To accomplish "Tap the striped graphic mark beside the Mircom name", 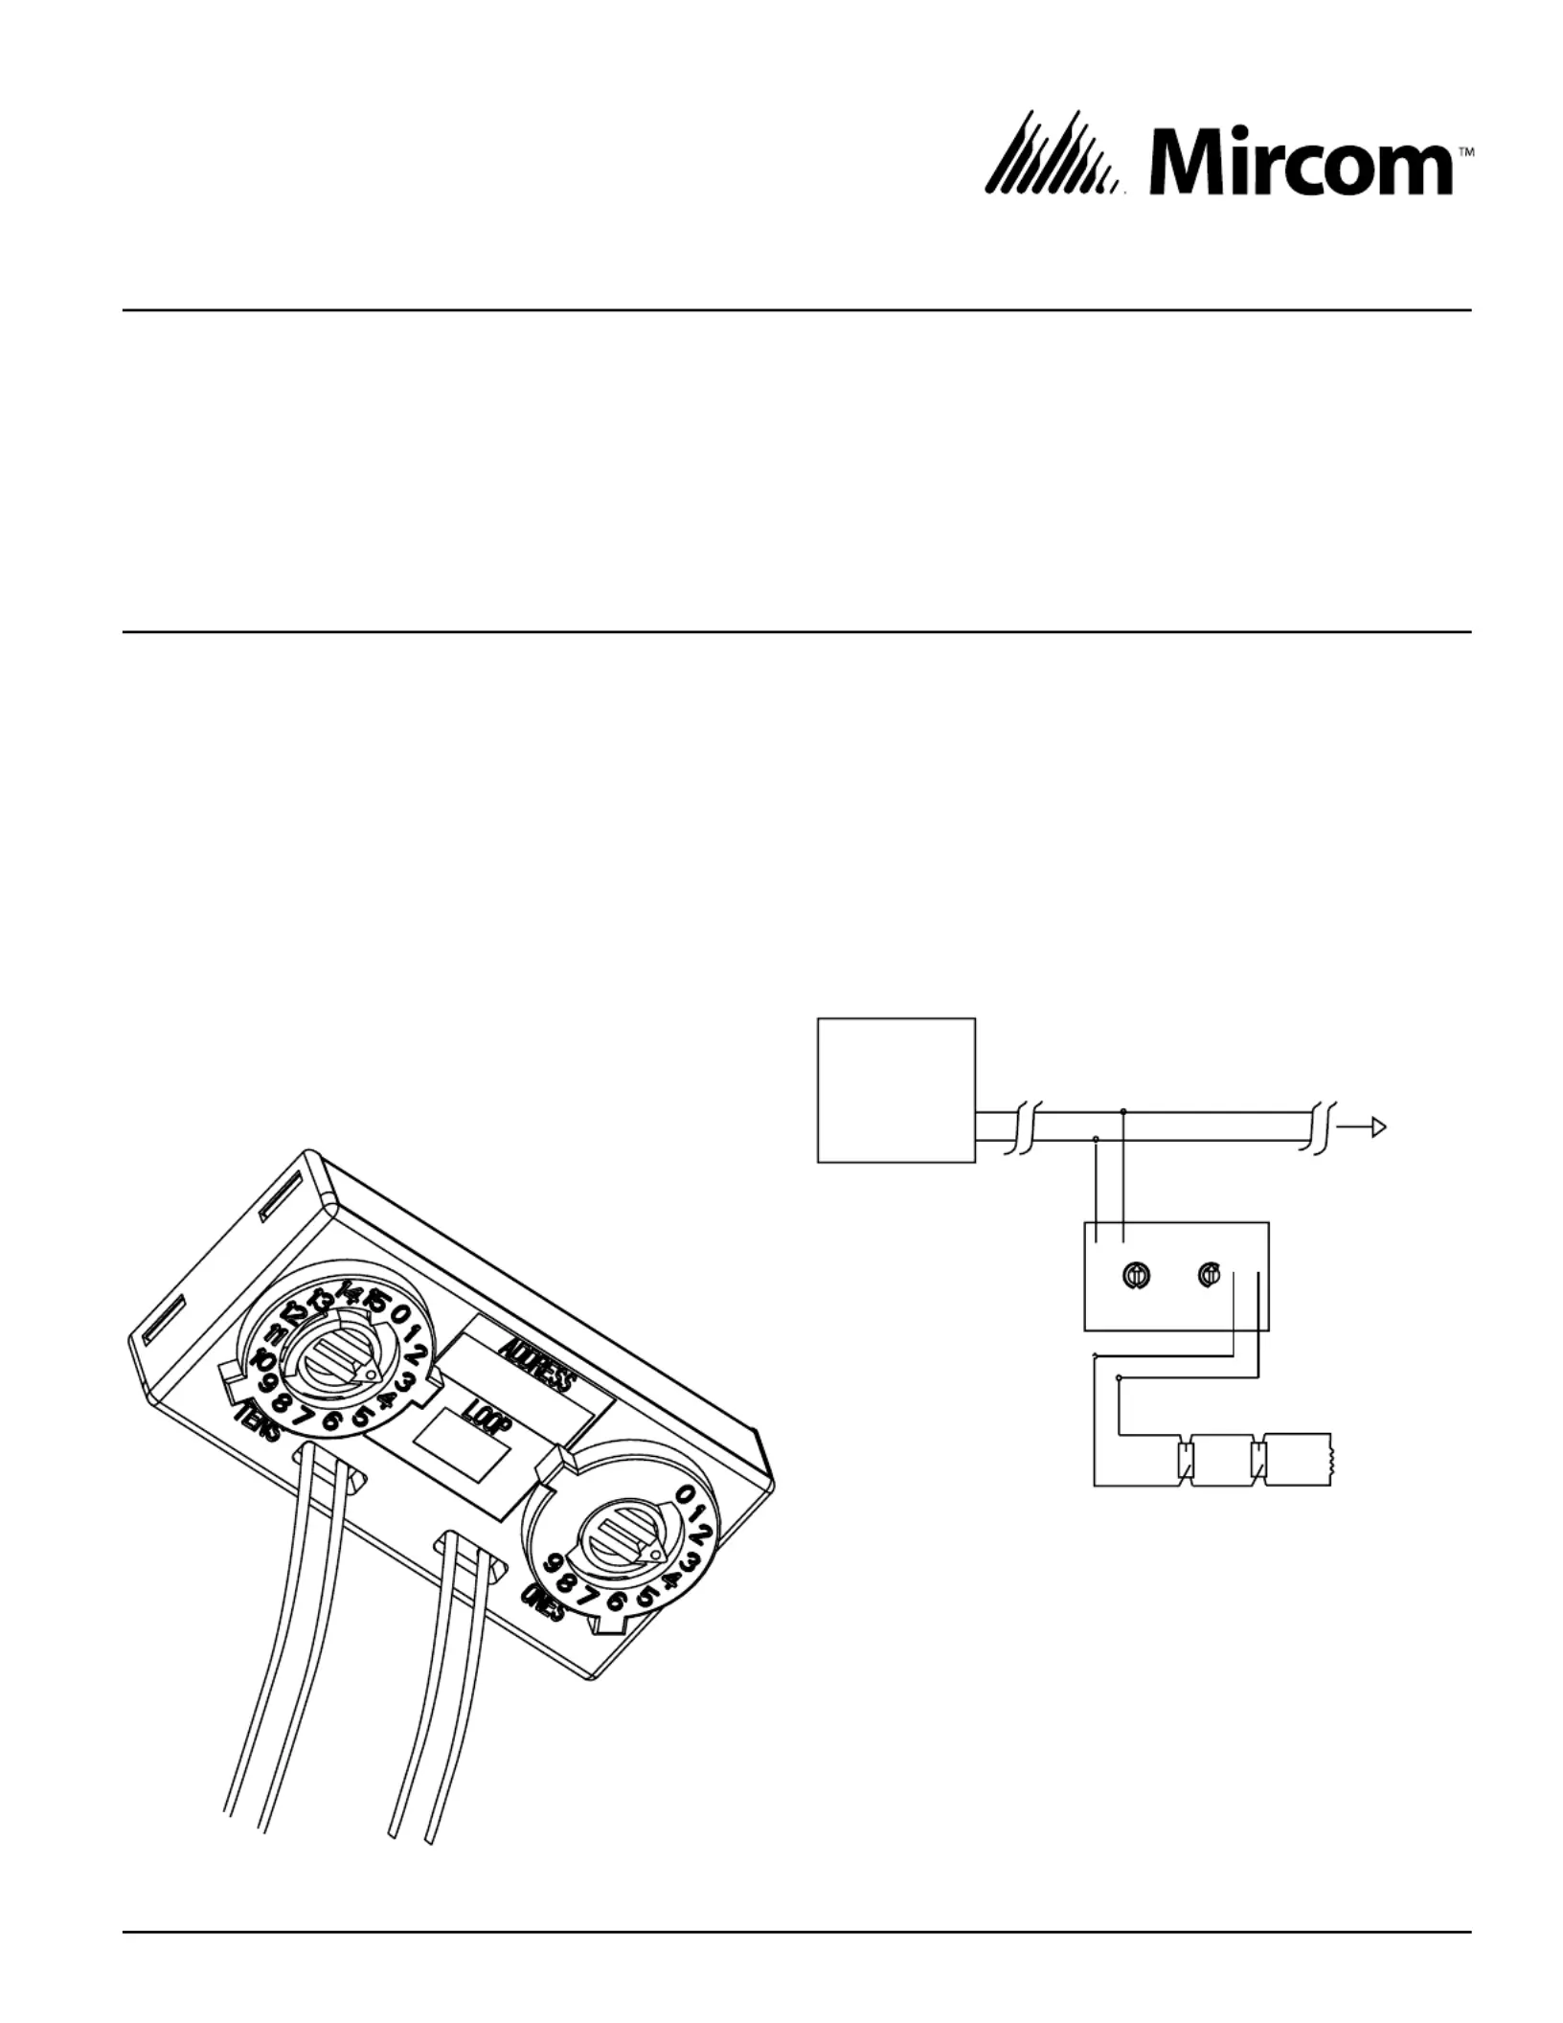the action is pos(1053,156).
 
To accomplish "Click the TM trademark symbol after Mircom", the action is pos(1465,152).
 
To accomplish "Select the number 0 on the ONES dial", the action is pos(686,1494).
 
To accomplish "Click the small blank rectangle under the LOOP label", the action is pos(460,1468).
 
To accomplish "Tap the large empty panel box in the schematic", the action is pos(895,1089).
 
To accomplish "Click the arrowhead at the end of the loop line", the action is pos(1379,1127).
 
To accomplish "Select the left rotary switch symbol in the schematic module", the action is pos(1134,1275).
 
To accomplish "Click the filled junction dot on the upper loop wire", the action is pos(1123,1112).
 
